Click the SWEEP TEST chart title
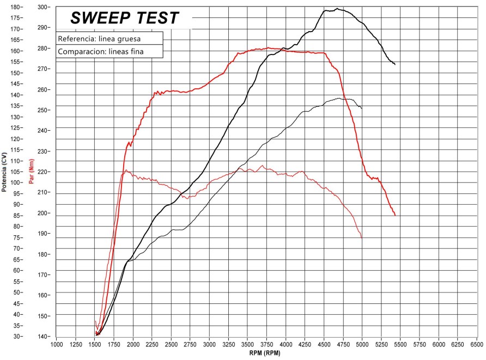[x=124, y=18]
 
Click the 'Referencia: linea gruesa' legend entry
[x=99, y=39]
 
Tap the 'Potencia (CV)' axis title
[x=4, y=172]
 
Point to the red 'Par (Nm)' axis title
[x=31, y=172]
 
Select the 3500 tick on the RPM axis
[x=248, y=345]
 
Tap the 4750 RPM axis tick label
[x=343, y=345]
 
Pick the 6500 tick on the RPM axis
[x=477, y=345]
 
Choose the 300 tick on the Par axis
[x=44, y=7]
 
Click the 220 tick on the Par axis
[x=44, y=172]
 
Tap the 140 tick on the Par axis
[x=44, y=337]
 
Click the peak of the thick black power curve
[x=337, y=9]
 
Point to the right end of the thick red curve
[x=395, y=216]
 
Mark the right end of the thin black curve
[x=362, y=108]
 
